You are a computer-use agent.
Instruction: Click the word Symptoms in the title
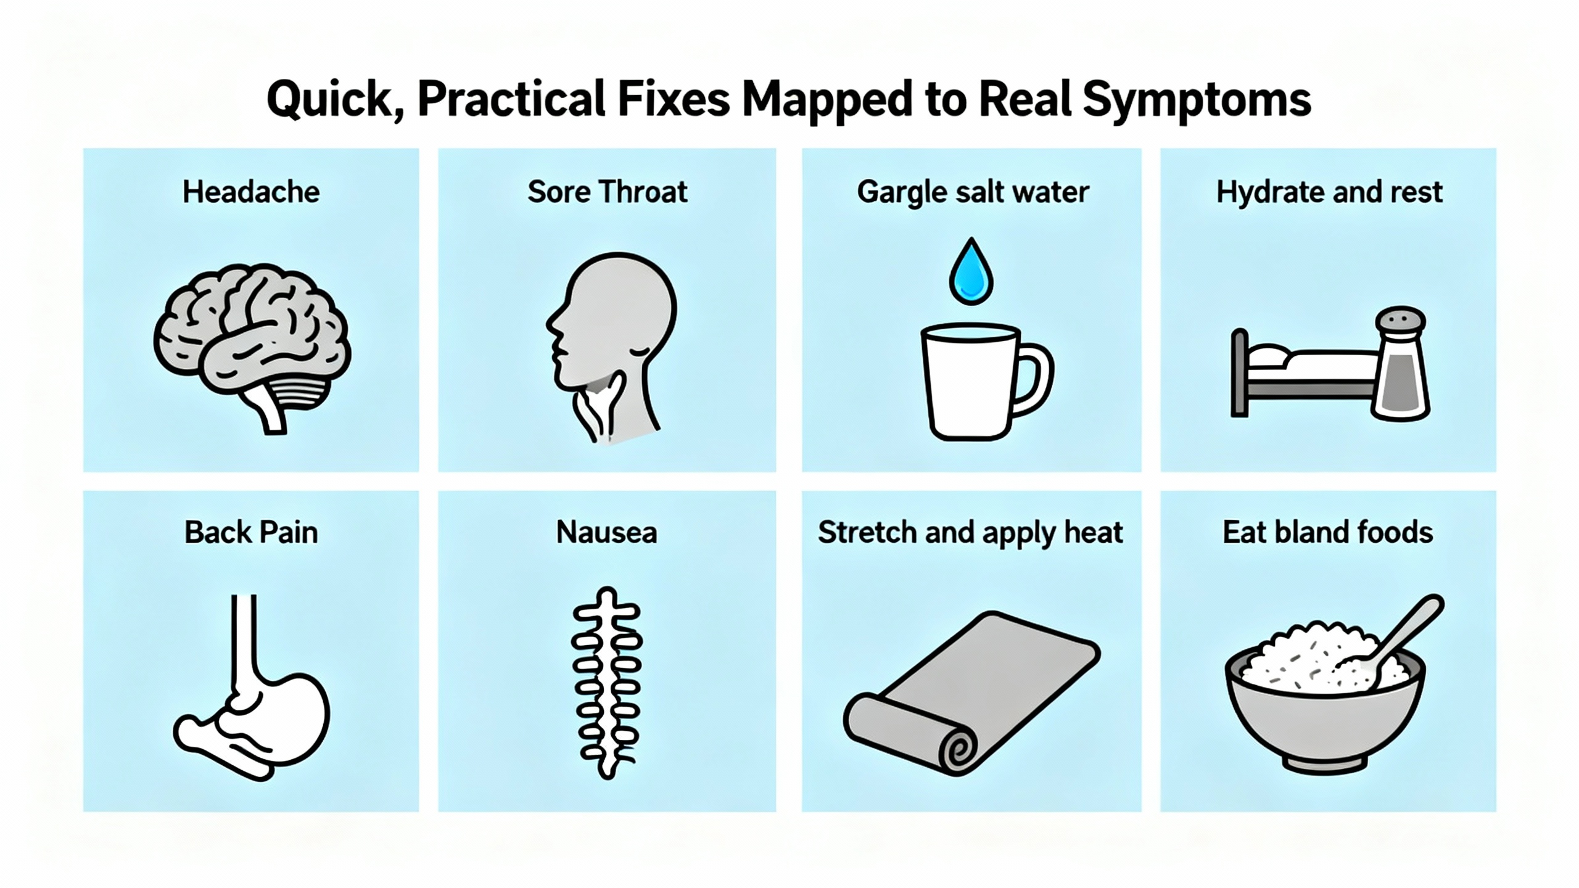1196,101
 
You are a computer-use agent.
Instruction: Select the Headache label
251,192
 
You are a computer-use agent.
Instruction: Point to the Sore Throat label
607,192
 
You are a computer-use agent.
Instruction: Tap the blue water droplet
971,273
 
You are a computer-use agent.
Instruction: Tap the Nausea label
607,533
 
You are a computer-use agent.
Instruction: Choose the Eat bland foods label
1328,533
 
